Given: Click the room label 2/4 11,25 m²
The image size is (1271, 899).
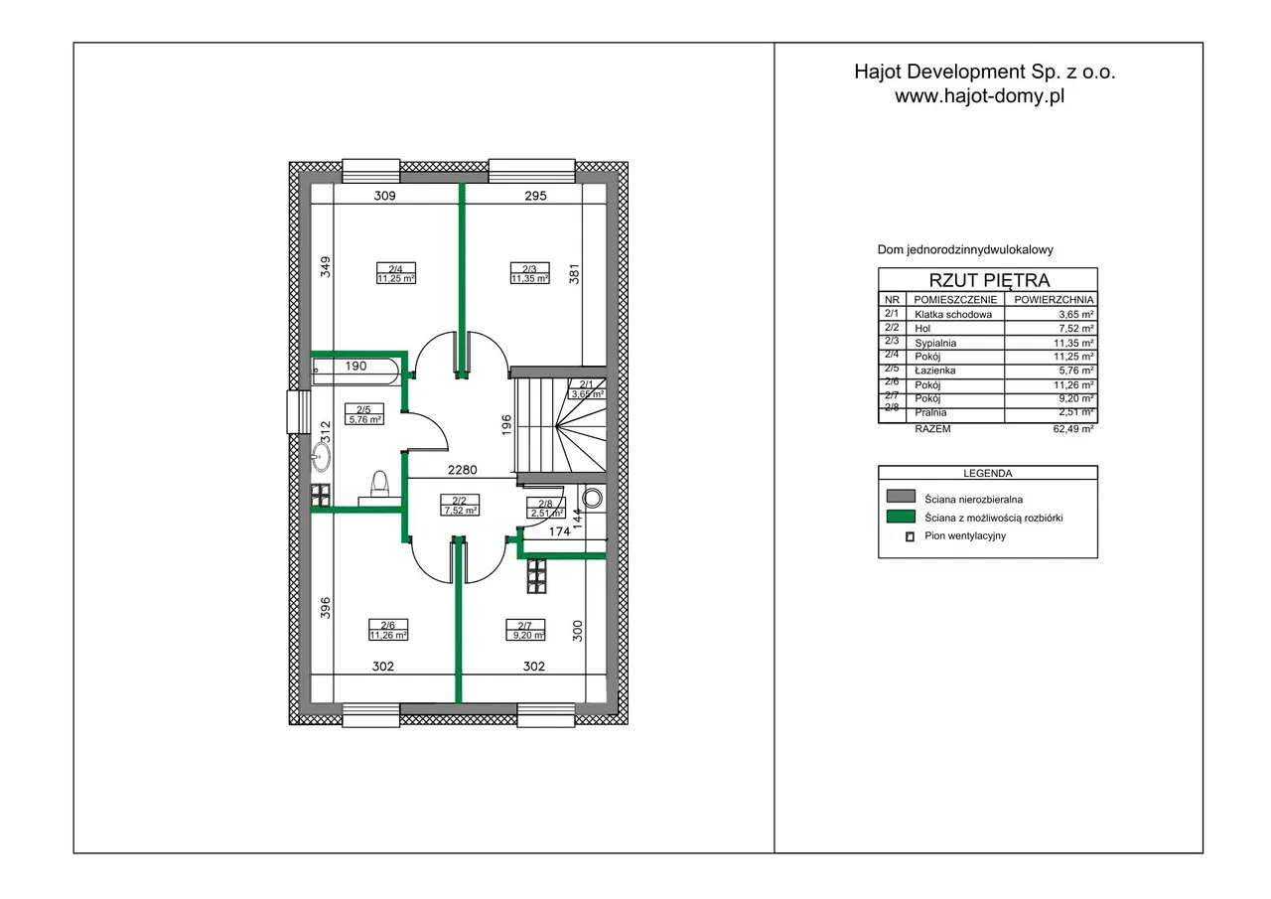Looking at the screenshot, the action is tap(396, 273).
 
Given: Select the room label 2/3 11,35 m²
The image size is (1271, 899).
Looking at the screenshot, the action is tap(529, 273).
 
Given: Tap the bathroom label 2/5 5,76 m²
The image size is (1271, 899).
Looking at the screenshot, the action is tap(364, 414).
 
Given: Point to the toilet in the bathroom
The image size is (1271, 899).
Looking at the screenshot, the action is tap(379, 488).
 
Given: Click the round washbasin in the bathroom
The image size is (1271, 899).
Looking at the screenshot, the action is tap(322, 456).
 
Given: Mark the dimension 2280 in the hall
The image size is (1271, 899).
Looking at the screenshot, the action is tap(463, 470).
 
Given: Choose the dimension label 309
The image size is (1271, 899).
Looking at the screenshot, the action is tap(384, 196).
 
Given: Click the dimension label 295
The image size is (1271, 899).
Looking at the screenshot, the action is tap(535, 196).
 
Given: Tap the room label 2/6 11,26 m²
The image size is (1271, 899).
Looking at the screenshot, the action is tap(388, 630).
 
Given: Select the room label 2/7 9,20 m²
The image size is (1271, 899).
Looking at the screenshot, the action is tap(526, 630).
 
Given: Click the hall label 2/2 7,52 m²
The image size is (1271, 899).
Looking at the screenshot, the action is tap(460, 505).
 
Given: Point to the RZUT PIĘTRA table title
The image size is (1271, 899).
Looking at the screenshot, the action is tap(990, 280).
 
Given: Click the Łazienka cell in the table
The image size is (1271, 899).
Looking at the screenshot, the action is tap(935, 371).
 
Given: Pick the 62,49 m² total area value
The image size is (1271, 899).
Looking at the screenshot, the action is tap(1073, 429).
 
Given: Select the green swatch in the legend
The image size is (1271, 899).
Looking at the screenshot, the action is tap(901, 517).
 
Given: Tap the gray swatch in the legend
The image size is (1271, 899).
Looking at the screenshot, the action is tap(901, 496).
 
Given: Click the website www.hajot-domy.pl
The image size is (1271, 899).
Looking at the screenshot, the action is tap(980, 96).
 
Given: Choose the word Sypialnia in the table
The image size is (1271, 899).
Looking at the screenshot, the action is tap(935, 343).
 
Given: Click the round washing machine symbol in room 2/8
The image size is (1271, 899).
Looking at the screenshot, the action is tap(593, 499).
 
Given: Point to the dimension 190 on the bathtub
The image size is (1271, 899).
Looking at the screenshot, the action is tap(355, 367).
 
